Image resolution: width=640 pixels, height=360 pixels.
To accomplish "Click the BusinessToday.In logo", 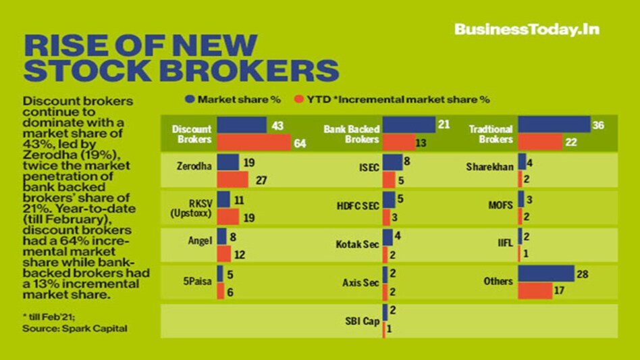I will tap(527, 29).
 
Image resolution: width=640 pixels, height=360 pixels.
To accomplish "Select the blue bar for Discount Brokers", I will tap(241, 125).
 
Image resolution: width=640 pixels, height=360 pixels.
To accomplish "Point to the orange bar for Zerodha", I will tap(232, 180).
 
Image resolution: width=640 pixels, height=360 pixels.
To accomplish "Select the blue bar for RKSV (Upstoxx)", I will tap(224, 200).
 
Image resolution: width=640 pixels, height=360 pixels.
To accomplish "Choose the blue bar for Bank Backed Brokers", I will tap(408, 125).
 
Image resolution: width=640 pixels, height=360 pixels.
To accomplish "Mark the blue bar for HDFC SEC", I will tap(388, 200).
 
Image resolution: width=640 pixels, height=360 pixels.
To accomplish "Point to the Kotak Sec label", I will tap(356, 245).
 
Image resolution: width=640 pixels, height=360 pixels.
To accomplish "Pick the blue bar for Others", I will tap(545, 273).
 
